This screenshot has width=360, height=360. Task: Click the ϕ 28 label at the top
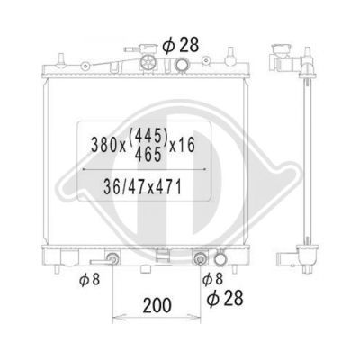[x=181, y=45]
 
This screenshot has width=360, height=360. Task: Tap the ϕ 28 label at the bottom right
[x=225, y=298]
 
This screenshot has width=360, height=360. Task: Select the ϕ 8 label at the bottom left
[x=89, y=280]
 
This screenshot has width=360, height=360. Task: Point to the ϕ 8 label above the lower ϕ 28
[x=212, y=279]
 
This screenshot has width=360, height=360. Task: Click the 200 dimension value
[x=157, y=305]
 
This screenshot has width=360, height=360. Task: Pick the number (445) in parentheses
[x=148, y=138]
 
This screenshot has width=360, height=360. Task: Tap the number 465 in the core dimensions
[x=148, y=155]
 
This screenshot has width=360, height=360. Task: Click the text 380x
[x=108, y=146]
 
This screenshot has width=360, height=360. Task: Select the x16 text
[x=183, y=145]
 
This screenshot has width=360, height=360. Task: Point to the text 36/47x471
[x=143, y=187]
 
